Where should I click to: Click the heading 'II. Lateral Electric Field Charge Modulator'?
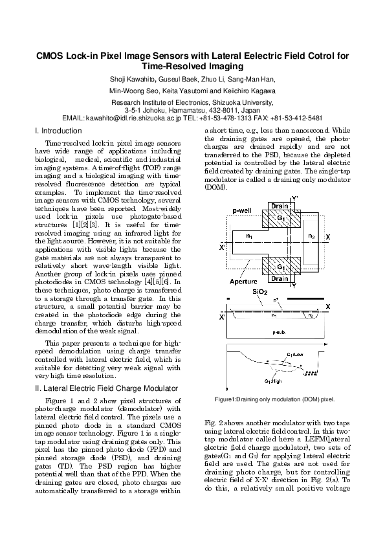[105, 388]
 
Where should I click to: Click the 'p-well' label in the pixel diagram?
[241, 211]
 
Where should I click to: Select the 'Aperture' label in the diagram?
[243, 283]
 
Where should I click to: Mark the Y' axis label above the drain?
[295, 197]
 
